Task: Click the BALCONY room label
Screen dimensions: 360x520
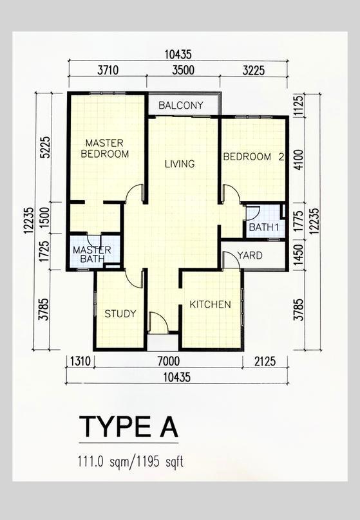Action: pyautogui.click(x=180, y=106)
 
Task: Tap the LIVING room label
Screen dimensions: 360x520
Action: pyautogui.click(x=180, y=164)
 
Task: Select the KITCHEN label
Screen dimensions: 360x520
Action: pyautogui.click(x=210, y=304)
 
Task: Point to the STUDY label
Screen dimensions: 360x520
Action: pyautogui.click(x=120, y=313)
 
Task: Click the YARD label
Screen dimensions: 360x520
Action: pyautogui.click(x=250, y=255)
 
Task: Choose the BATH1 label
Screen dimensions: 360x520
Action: pyautogui.click(x=264, y=228)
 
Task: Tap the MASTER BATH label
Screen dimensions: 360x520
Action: pyautogui.click(x=92, y=254)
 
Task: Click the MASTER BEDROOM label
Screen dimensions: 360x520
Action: pyautogui.click(x=105, y=149)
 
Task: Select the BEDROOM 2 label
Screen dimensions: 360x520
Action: pyautogui.click(x=254, y=156)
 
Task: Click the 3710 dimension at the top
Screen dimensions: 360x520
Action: pyautogui.click(x=108, y=70)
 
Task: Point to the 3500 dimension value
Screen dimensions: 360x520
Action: pyautogui.click(x=184, y=70)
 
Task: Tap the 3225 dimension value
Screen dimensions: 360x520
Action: pyautogui.click(x=254, y=70)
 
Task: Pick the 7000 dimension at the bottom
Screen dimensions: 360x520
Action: pyautogui.click(x=169, y=361)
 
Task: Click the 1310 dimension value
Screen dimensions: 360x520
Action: pyautogui.click(x=81, y=361)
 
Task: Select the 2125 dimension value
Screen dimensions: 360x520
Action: pyautogui.click(x=265, y=361)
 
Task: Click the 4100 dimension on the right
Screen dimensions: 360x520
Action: pyautogui.click(x=299, y=160)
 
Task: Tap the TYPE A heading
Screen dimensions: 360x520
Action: pyautogui.click(x=129, y=427)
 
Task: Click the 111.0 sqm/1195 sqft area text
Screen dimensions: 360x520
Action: pyautogui.click(x=130, y=461)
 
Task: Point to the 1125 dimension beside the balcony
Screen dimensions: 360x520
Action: pyautogui.click(x=299, y=106)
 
